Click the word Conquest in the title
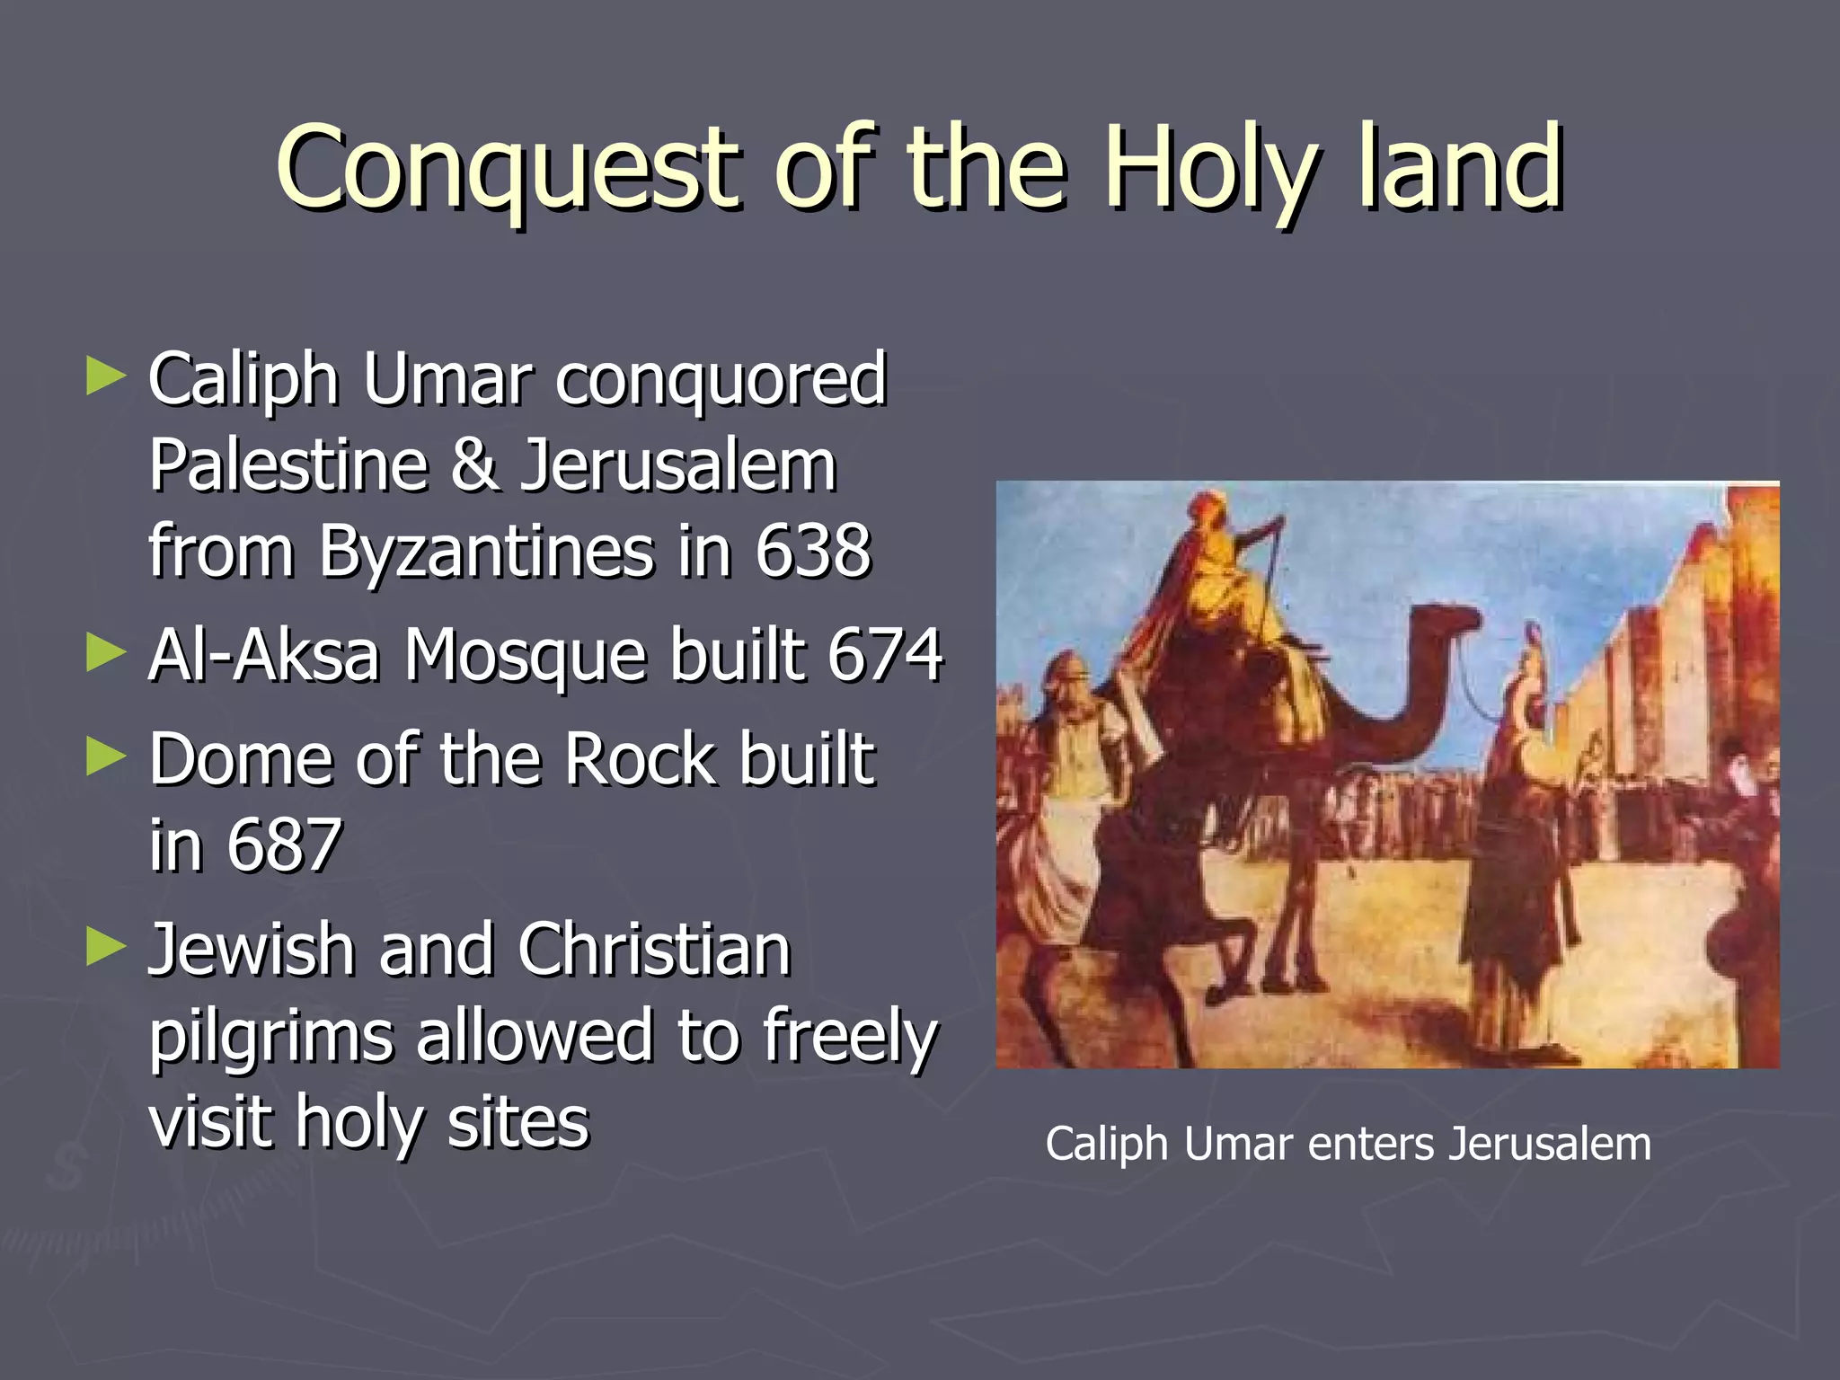coord(508,169)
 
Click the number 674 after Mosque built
coord(885,654)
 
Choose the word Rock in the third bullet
coord(641,759)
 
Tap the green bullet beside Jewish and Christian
coord(105,947)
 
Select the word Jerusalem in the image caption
coord(1550,1145)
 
